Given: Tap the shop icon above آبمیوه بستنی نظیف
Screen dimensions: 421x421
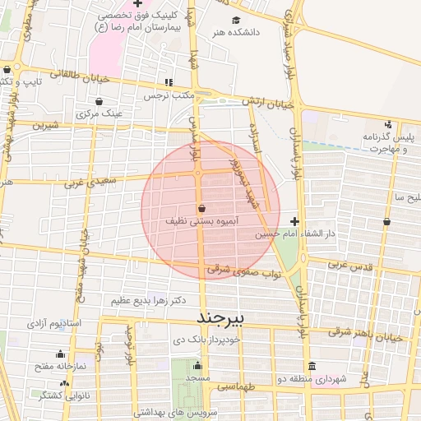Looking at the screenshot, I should click(x=202, y=209).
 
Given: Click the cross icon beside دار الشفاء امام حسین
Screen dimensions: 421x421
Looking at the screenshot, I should click(x=294, y=221).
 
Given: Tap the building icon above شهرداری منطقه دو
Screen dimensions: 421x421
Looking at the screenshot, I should click(x=312, y=366).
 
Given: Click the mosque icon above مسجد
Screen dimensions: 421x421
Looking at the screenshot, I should click(x=197, y=366).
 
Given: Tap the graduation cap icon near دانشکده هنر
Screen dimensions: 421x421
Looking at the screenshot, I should click(x=237, y=21).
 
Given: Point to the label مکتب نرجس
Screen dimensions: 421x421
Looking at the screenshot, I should click(x=169, y=95).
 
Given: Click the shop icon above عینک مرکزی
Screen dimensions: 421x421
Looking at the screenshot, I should click(x=99, y=102).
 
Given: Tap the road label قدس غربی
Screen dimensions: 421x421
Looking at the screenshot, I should click(x=350, y=266).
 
